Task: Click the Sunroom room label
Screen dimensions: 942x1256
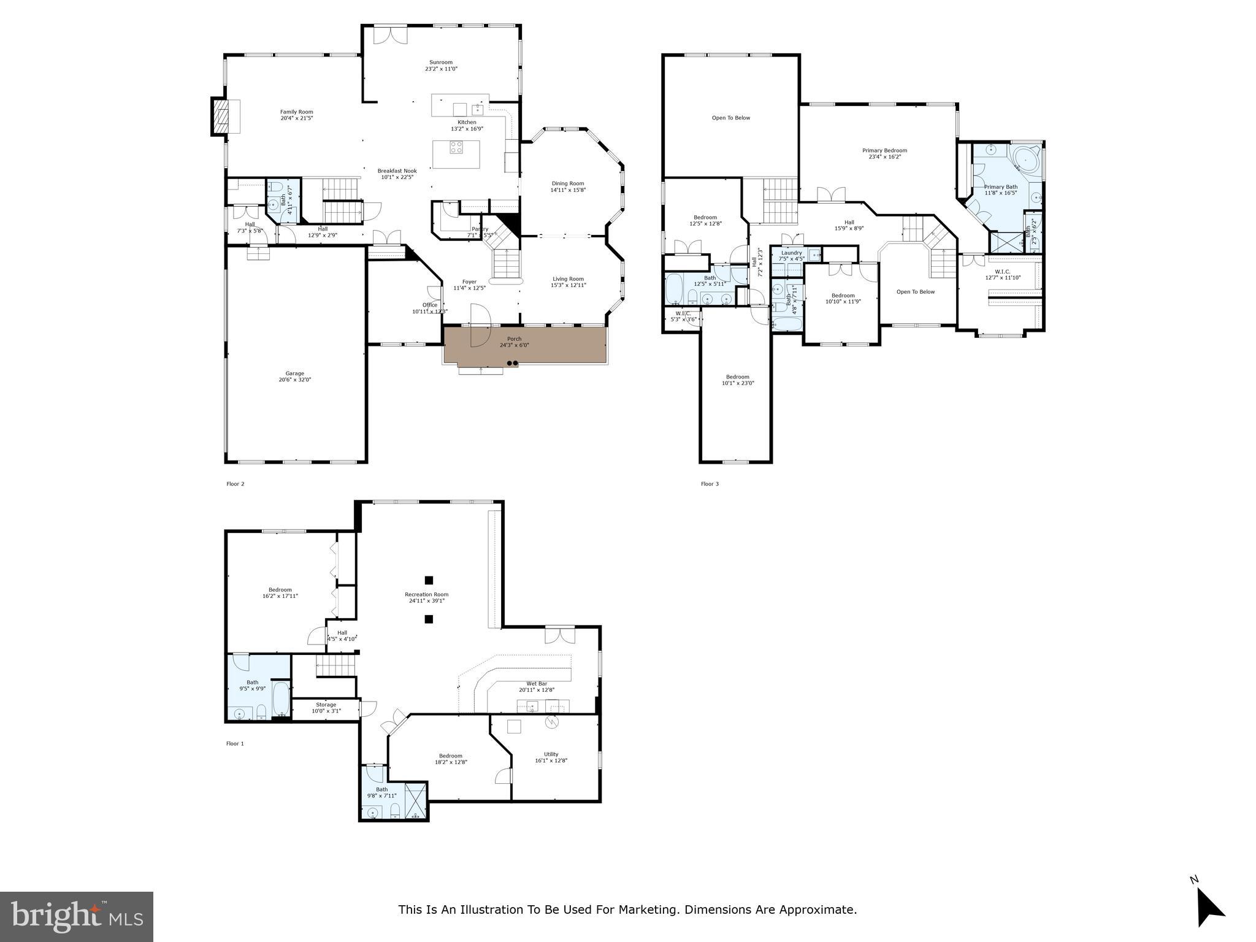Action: pos(440,63)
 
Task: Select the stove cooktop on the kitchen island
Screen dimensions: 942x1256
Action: pos(456,147)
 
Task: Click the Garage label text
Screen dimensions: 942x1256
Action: pos(294,373)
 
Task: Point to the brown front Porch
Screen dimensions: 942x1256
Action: pos(525,345)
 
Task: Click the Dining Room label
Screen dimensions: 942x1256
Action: pos(567,183)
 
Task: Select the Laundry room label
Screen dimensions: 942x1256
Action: pos(791,253)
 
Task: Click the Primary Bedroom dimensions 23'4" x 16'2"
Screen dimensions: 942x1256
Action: pos(884,157)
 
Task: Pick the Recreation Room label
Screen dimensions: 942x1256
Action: pos(426,594)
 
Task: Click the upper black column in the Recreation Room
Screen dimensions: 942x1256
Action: pos(429,580)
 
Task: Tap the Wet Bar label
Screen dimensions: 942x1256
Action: pos(537,684)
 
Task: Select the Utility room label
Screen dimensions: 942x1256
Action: pos(551,754)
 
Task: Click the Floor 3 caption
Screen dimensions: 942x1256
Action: pos(710,484)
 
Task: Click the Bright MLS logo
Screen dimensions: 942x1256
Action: pos(77,916)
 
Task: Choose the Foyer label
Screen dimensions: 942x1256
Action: pos(469,282)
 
